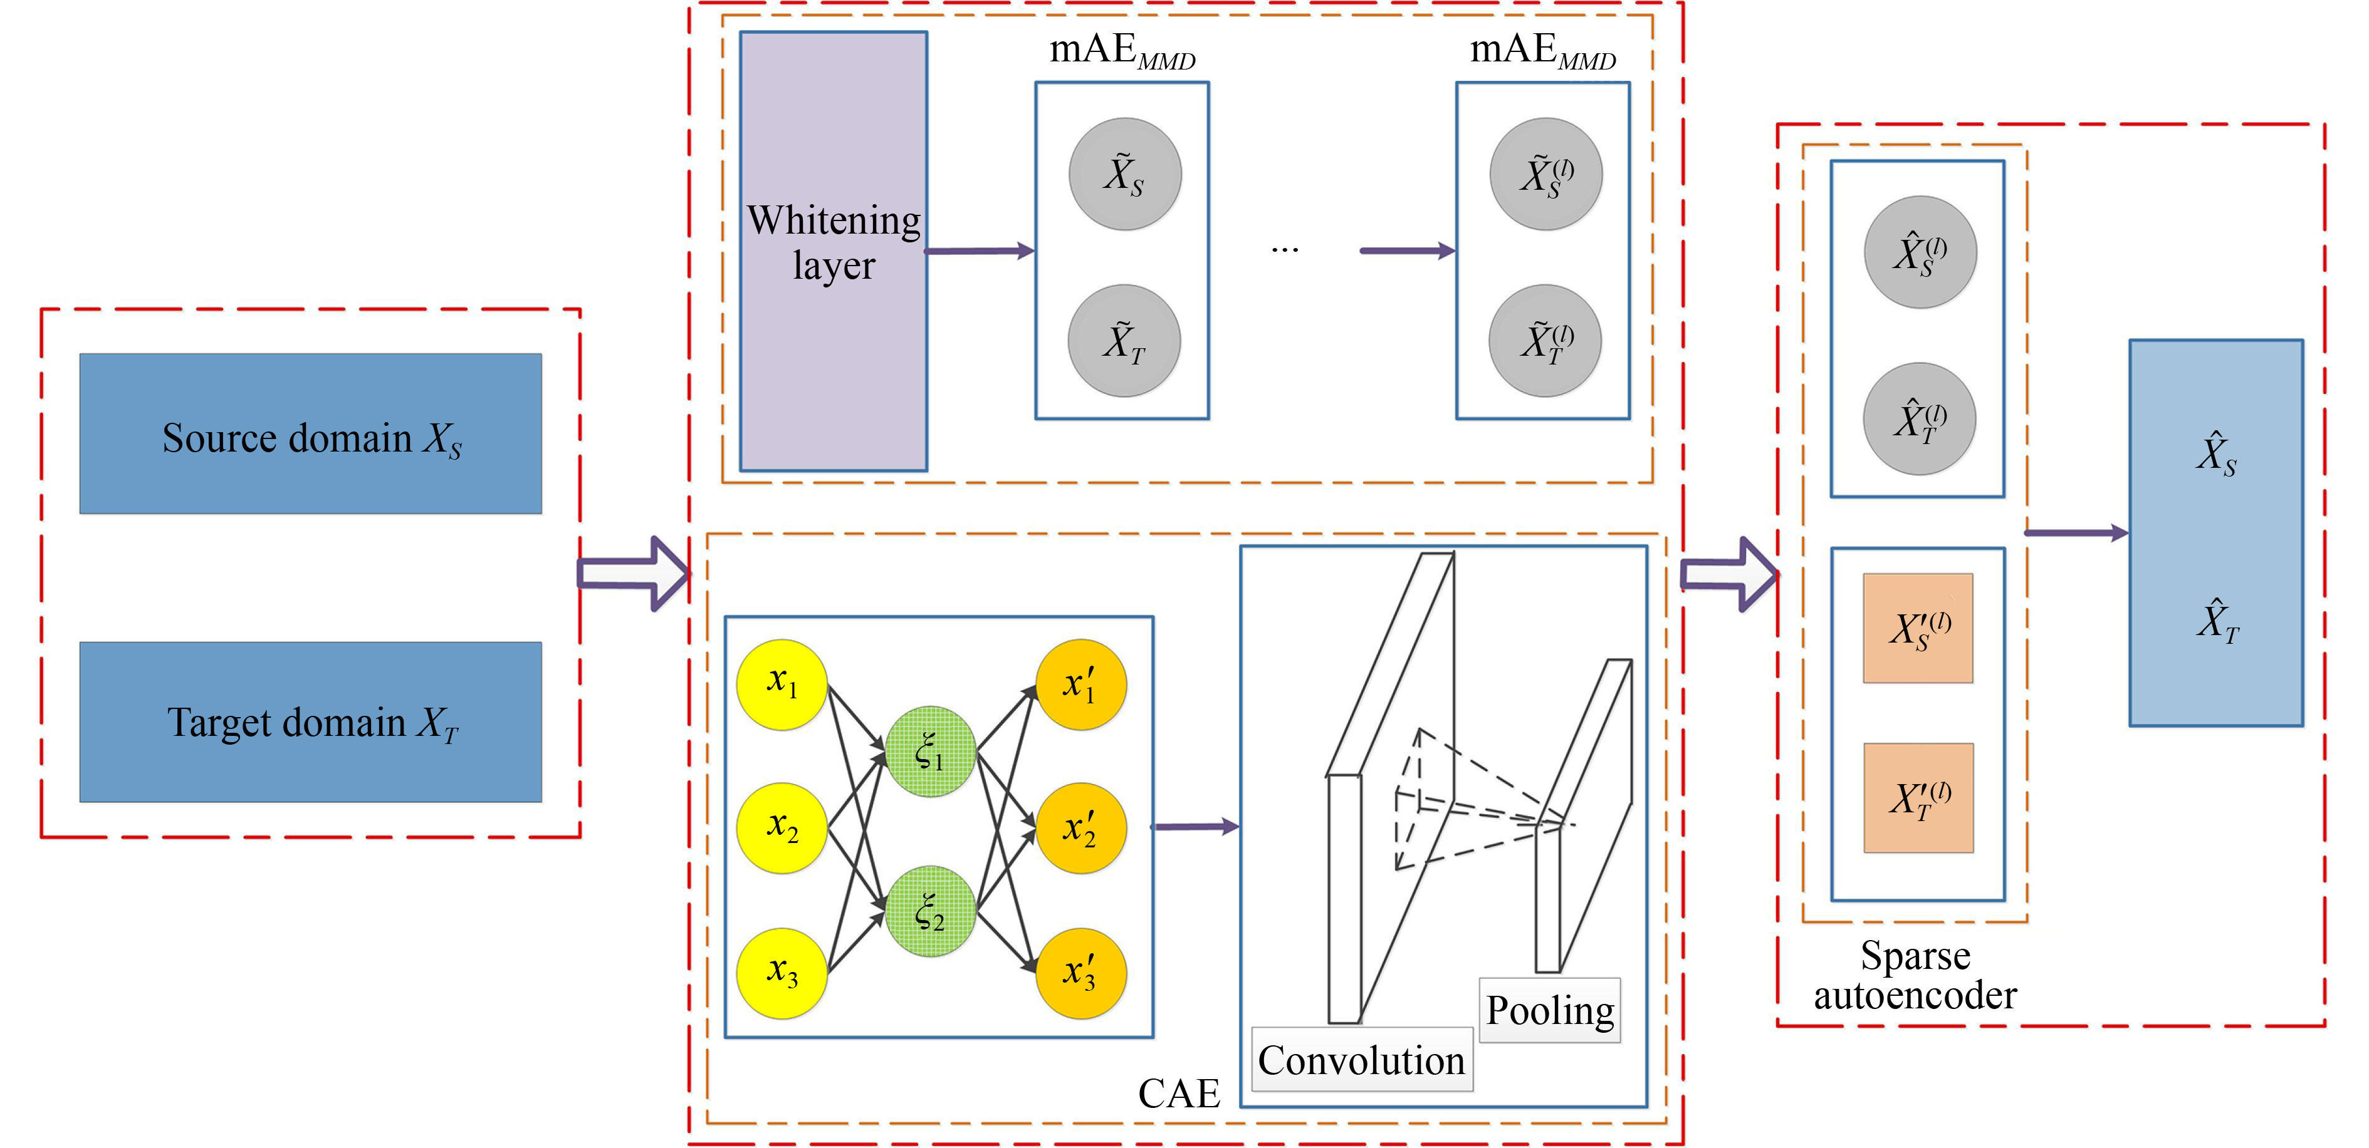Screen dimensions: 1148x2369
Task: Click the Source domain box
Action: (310, 434)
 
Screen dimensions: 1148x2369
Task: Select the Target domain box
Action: (310, 721)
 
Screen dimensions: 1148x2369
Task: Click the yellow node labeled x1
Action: (782, 685)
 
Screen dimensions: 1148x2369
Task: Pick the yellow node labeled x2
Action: (782, 827)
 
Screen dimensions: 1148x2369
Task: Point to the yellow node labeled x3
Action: (782, 973)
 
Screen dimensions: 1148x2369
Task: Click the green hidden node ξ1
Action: (930, 751)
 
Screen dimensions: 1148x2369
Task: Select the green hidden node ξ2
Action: (930, 911)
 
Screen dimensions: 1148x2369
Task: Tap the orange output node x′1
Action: (1080, 685)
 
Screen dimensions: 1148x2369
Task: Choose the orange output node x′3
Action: (1080, 973)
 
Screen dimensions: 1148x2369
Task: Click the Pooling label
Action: (1550, 1010)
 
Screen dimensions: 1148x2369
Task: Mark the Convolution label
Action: (1361, 1060)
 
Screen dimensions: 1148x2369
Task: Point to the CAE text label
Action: (1178, 1093)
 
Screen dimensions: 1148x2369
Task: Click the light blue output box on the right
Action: (2215, 533)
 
